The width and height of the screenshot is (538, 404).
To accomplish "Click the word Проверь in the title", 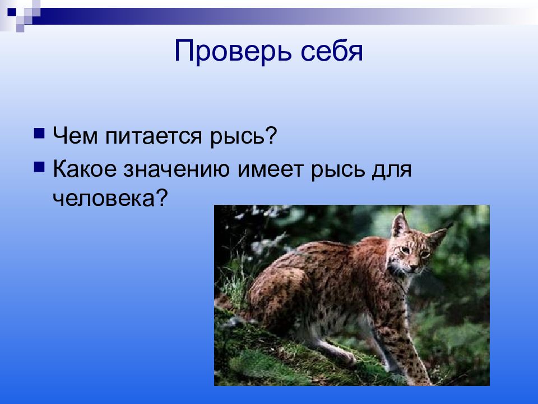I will (x=226, y=52).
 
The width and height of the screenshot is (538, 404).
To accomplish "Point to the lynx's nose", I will (x=415, y=264).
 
